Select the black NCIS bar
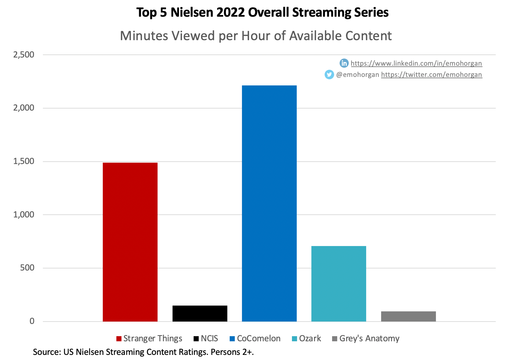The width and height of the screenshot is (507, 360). (200, 313)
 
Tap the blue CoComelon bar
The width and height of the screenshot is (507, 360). (269, 203)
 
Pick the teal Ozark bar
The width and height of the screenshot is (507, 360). (339, 283)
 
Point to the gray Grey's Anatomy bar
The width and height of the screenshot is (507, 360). (408, 316)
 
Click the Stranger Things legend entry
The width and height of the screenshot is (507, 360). (149, 339)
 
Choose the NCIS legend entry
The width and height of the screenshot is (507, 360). (206, 339)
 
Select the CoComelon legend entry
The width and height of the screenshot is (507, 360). (255, 339)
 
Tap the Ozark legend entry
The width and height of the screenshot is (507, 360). (307, 339)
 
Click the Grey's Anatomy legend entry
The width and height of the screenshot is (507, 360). (366, 339)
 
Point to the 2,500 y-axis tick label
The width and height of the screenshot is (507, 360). (24, 55)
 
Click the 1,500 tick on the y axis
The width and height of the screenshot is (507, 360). (24, 161)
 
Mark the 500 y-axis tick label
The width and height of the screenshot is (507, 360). (27, 268)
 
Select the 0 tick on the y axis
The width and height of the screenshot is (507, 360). (32, 321)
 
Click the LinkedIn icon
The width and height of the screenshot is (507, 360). (344, 63)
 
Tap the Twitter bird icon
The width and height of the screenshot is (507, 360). (329, 75)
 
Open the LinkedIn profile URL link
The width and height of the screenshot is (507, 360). (416, 63)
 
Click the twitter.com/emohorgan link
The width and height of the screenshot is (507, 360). (431, 75)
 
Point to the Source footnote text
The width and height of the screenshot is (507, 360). (143, 352)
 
